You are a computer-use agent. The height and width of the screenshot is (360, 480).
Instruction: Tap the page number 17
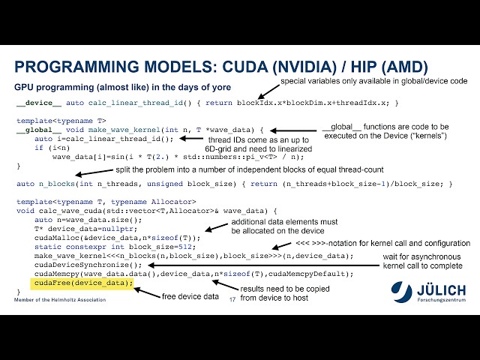coord(232,299)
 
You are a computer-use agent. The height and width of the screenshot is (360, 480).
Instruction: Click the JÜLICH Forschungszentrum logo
coord(430,293)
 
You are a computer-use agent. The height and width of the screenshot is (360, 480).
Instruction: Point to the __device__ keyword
coord(32,103)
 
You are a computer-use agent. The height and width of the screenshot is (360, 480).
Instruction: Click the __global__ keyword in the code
coord(32,129)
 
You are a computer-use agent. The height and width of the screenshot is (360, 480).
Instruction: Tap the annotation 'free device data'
coord(190,297)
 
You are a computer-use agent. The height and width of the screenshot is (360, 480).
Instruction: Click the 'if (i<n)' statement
coord(48,147)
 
